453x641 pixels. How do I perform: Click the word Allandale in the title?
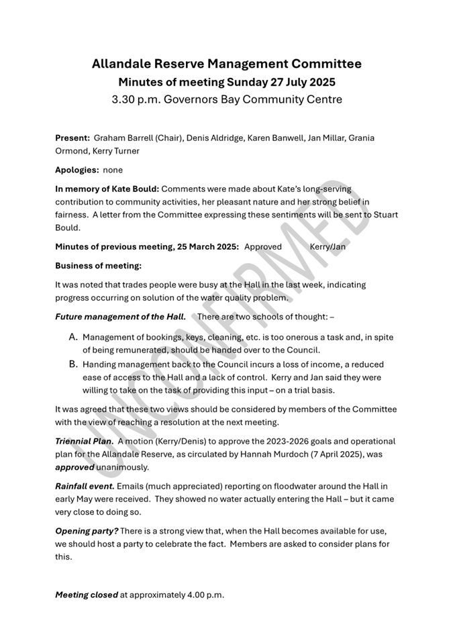coord(123,64)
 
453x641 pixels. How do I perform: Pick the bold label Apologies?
coord(77,170)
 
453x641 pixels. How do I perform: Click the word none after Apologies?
coord(113,170)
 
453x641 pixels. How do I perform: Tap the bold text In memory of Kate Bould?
coord(107,189)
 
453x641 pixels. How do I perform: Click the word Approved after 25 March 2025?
coord(263,246)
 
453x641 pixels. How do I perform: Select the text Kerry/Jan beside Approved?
coord(328,246)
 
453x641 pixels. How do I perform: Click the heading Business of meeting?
coord(98,265)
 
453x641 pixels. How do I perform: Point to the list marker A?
coord(74,336)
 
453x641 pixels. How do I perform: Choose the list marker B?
coord(74,364)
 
